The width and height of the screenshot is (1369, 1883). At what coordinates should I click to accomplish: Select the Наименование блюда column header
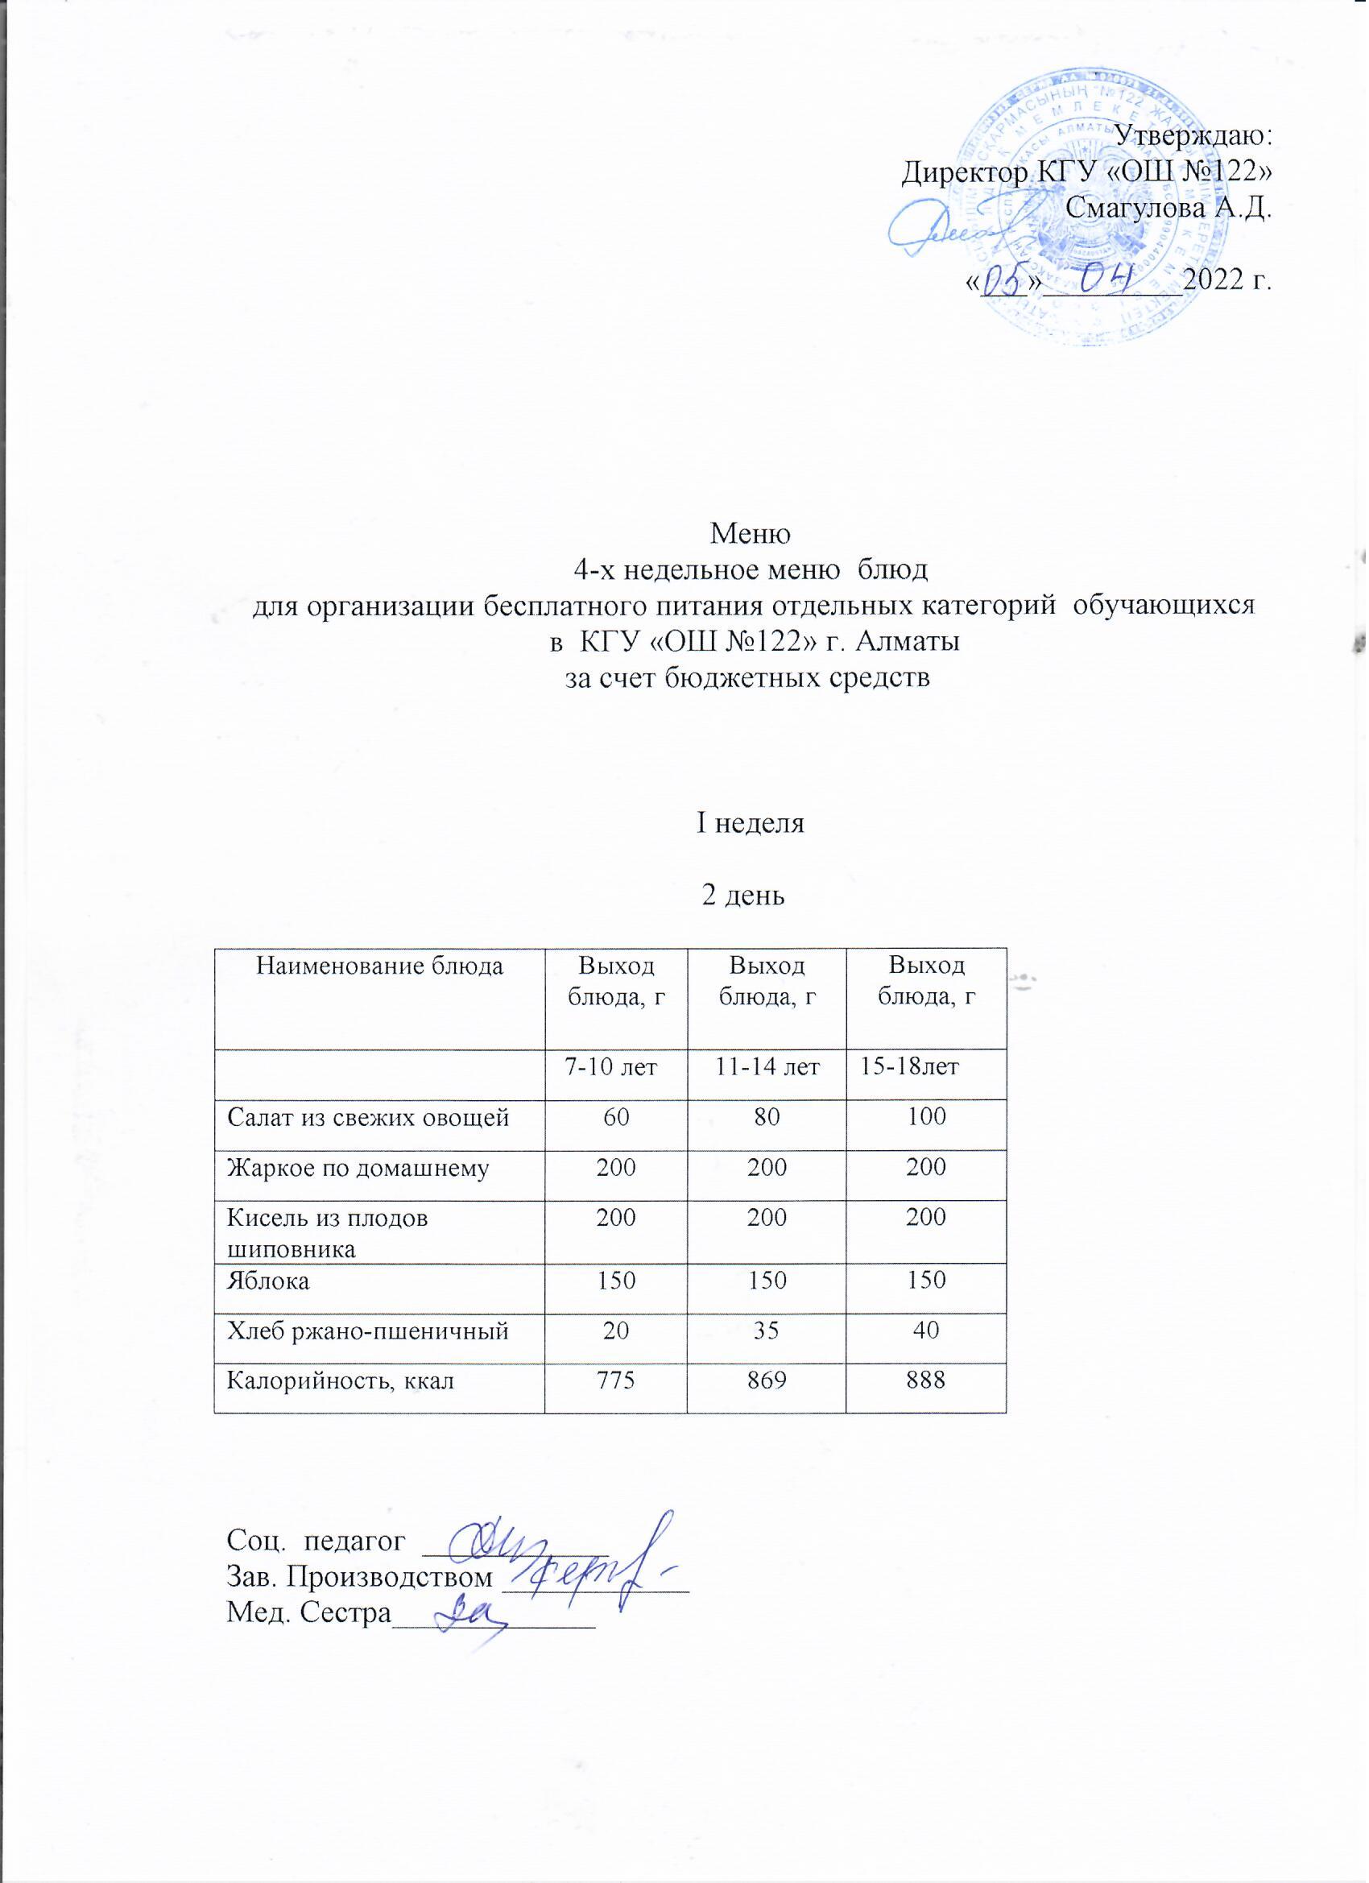tap(379, 966)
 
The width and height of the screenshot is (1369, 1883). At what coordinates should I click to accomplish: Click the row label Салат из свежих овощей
tap(369, 1118)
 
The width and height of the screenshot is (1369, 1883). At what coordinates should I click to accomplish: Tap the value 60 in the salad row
tap(616, 1118)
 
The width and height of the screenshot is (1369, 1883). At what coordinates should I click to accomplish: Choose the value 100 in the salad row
tap(927, 1117)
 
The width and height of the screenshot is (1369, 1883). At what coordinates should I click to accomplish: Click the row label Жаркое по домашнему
tap(358, 1168)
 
